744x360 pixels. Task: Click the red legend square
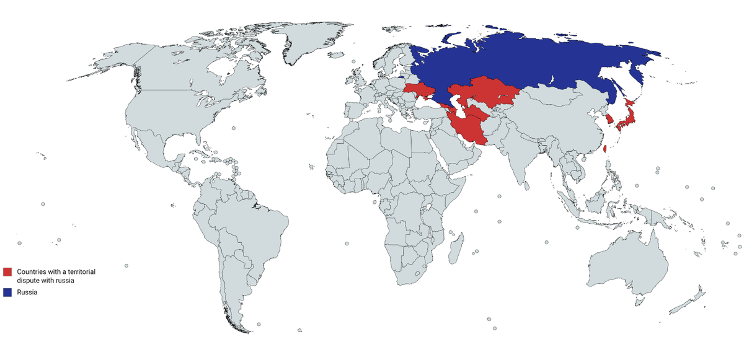pyautogui.click(x=7, y=272)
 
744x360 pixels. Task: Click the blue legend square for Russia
pyautogui.click(x=7, y=292)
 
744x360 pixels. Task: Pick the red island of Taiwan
pyautogui.click(x=605, y=149)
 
